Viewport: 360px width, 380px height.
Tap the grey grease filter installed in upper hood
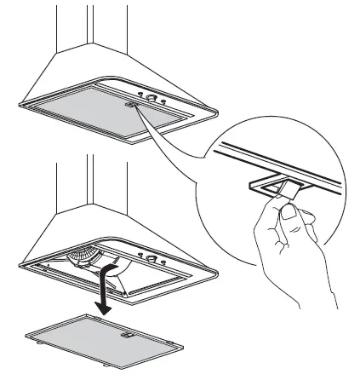tap(94, 112)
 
